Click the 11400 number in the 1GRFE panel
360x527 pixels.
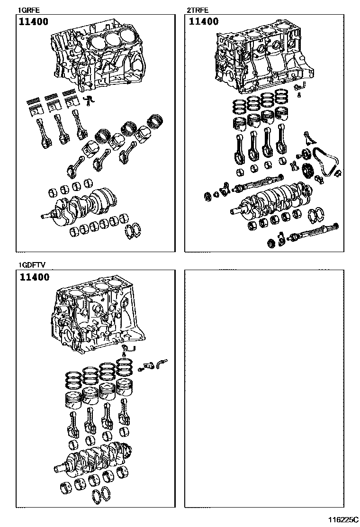(x=34, y=22)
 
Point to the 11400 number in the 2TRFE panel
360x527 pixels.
(x=204, y=22)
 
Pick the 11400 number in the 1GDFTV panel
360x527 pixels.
(x=34, y=277)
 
